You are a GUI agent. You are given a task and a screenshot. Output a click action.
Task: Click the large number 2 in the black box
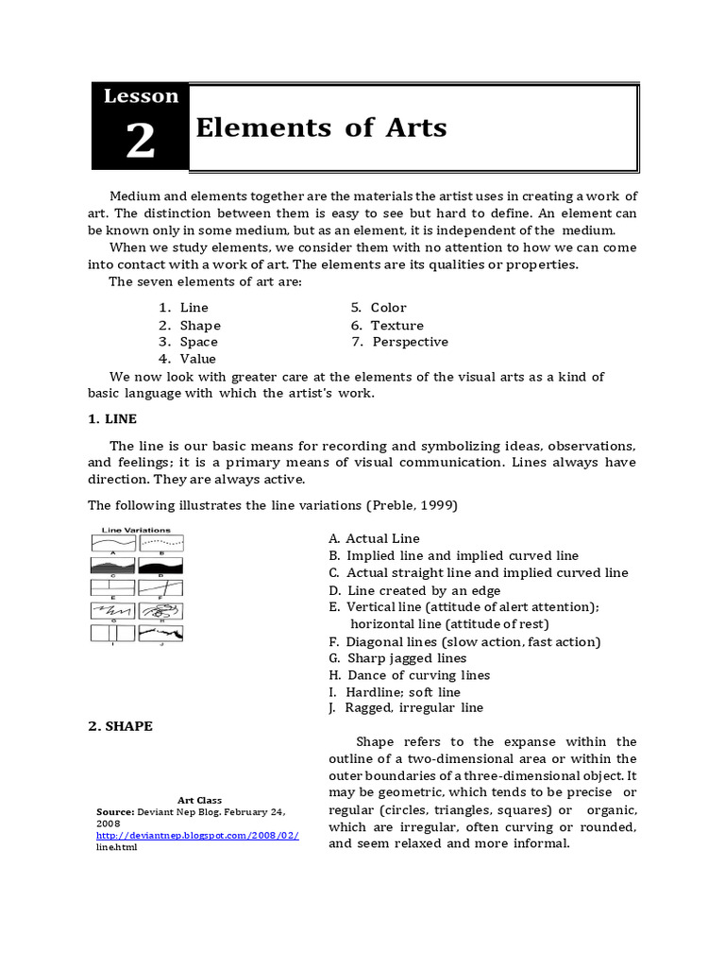pos(140,142)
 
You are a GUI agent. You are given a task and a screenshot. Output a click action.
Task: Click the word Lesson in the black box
pos(141,95)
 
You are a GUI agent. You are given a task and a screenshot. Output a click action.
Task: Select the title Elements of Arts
pos(321,127)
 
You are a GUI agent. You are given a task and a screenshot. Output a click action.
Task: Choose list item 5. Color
pos(379,308)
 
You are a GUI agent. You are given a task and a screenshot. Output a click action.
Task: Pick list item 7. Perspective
pos(399,342)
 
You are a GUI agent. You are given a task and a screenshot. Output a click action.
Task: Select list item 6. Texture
pos(387,325)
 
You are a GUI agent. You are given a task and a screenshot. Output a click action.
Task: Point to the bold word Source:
pos(116,812)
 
